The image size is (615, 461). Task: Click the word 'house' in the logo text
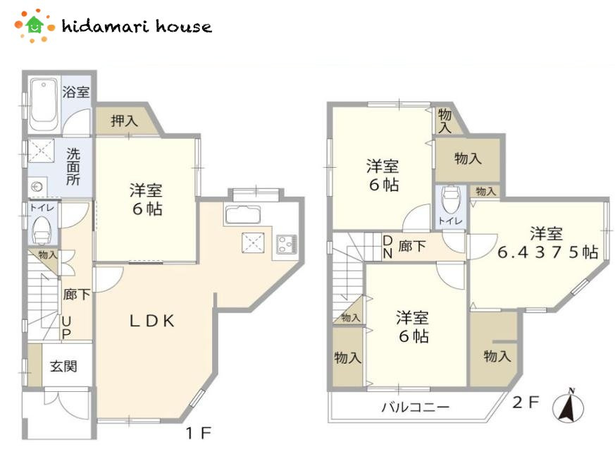click(184, 26)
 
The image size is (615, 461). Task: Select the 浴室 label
click(76, 92)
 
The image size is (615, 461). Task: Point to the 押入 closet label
click(124, 121)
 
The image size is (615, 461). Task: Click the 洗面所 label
click(73, 166)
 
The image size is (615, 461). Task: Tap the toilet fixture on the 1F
click(41, 230)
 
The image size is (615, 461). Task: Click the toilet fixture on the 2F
click(450, 199)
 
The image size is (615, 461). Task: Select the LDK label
click(152, 321)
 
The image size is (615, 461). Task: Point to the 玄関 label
click(63, 367)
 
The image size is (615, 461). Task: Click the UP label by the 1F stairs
click(67, 327)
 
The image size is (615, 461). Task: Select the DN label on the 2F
click(387, 247)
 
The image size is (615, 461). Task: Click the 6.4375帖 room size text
click(547, 252)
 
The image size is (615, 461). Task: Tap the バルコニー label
click(416, 407)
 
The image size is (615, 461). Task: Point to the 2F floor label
click(526, 402)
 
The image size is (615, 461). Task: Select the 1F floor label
click(199, 433)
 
